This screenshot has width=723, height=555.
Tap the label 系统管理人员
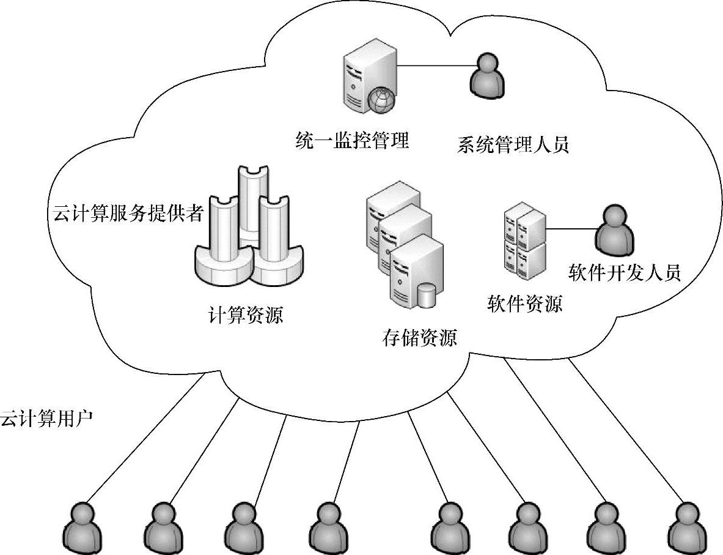pos(513,145)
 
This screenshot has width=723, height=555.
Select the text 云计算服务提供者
pos(126,215)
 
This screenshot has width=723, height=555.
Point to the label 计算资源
pos(246,315)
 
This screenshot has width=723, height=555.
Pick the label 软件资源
pos(524,303)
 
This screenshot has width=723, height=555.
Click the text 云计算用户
pos(46,419)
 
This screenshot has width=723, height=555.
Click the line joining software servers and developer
pos(571,229)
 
